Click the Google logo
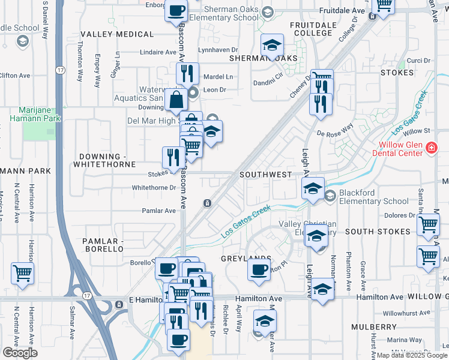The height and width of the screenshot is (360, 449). click(x=20, y=353)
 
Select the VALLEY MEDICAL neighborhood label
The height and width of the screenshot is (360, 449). click(x=113, y=34)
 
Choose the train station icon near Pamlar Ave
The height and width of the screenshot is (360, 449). click(x=206, y=203)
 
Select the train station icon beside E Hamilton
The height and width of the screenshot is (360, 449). click(x=118, y=305)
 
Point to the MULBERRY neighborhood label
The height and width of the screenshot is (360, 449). click(x=370, y=327)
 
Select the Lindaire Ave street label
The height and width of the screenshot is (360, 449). click(x=157, y=52)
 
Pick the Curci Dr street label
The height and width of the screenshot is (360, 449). click(x=418, y=61)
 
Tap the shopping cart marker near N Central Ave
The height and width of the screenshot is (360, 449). click(x=22, y=273)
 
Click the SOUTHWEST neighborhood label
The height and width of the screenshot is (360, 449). click(x=266, y=174)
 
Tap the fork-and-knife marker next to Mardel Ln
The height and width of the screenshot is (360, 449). click(x=187, y=74)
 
